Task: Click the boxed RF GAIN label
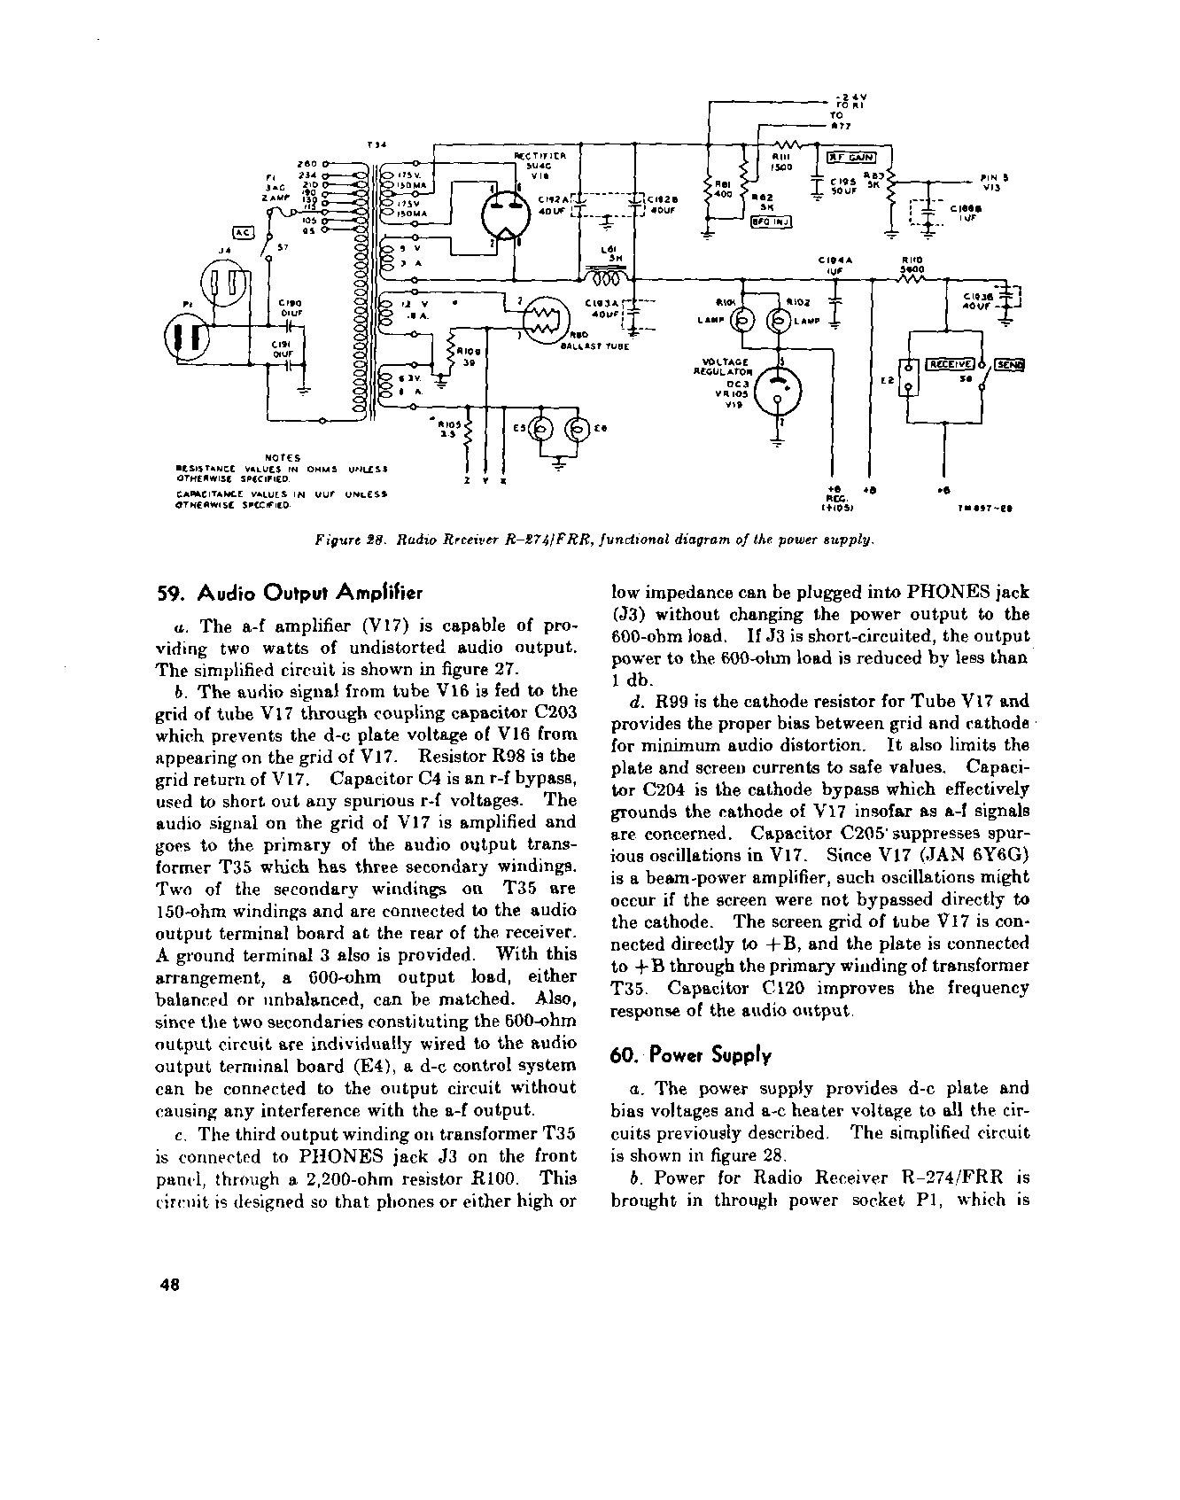(850, 158)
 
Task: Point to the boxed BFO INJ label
(771, 222)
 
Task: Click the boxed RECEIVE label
(949, 363)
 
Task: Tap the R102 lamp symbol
(782, 321)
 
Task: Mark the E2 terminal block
(905, 379)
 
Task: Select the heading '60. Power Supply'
(691, 1055)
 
